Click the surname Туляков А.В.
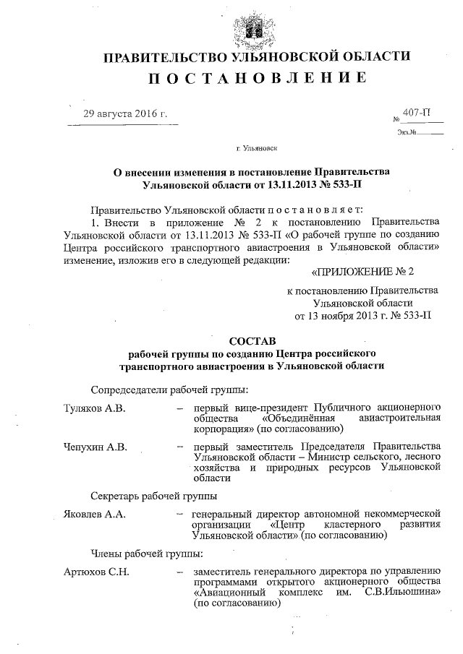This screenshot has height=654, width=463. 95,408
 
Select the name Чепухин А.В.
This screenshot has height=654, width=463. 95,447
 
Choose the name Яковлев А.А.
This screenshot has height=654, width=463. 95,515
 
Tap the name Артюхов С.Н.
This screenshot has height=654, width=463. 96,572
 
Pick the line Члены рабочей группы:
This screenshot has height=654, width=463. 147,554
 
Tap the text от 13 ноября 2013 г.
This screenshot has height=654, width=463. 341,315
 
